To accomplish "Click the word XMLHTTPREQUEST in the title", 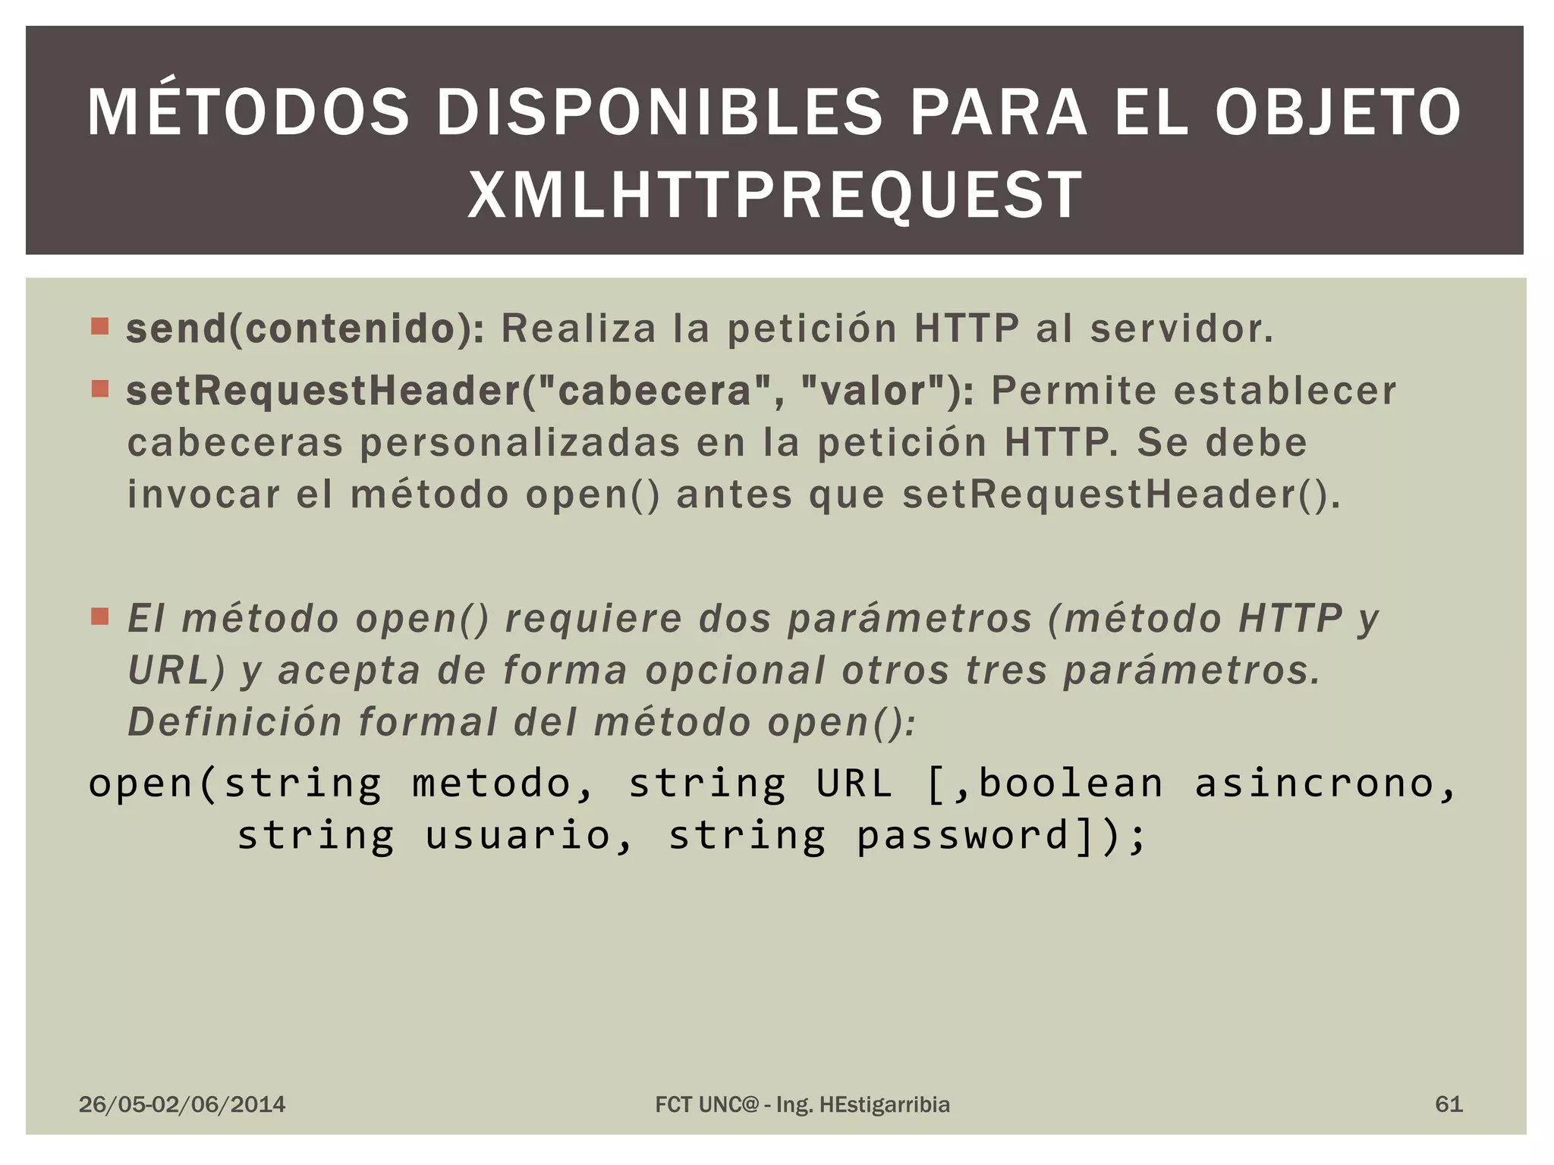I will coord(775,195).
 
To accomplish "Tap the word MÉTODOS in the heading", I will coord(248,113).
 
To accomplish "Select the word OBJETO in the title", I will coord(1339,113).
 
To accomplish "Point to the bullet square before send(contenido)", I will coord(99,326).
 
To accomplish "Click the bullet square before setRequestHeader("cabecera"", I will coord(99,389).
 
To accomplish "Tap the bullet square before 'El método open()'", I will coord(99,616).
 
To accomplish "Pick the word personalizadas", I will coord(519,443).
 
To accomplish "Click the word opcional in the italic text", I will coord(735,670).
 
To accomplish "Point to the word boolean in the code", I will coord(1071,783).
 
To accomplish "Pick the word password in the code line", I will coord(963,836).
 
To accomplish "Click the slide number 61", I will coord(1449,1104).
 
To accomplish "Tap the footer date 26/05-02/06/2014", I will coord(182,1104).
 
